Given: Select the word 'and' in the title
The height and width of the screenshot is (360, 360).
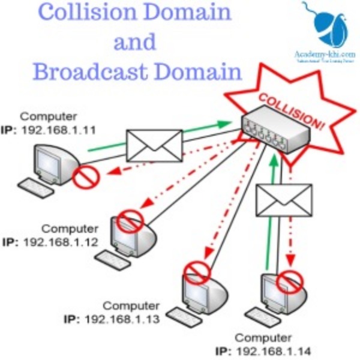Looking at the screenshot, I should (x=134, y=43).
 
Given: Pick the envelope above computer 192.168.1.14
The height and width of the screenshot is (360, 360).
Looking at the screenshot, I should (x=284, y=200).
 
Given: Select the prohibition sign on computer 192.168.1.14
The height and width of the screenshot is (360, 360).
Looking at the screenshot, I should (x=290, y=278).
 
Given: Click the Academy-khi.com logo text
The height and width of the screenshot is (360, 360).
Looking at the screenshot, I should (x=325, y=55).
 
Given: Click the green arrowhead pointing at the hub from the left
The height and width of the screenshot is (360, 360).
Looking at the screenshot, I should (x=224, y=124).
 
